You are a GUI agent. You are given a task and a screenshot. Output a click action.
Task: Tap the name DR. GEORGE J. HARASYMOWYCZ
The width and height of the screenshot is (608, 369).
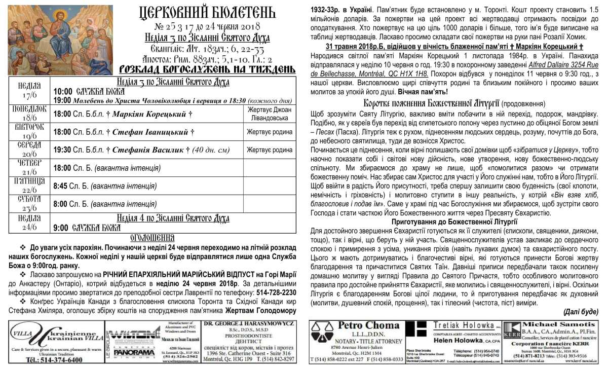click(x=249, y=323)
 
